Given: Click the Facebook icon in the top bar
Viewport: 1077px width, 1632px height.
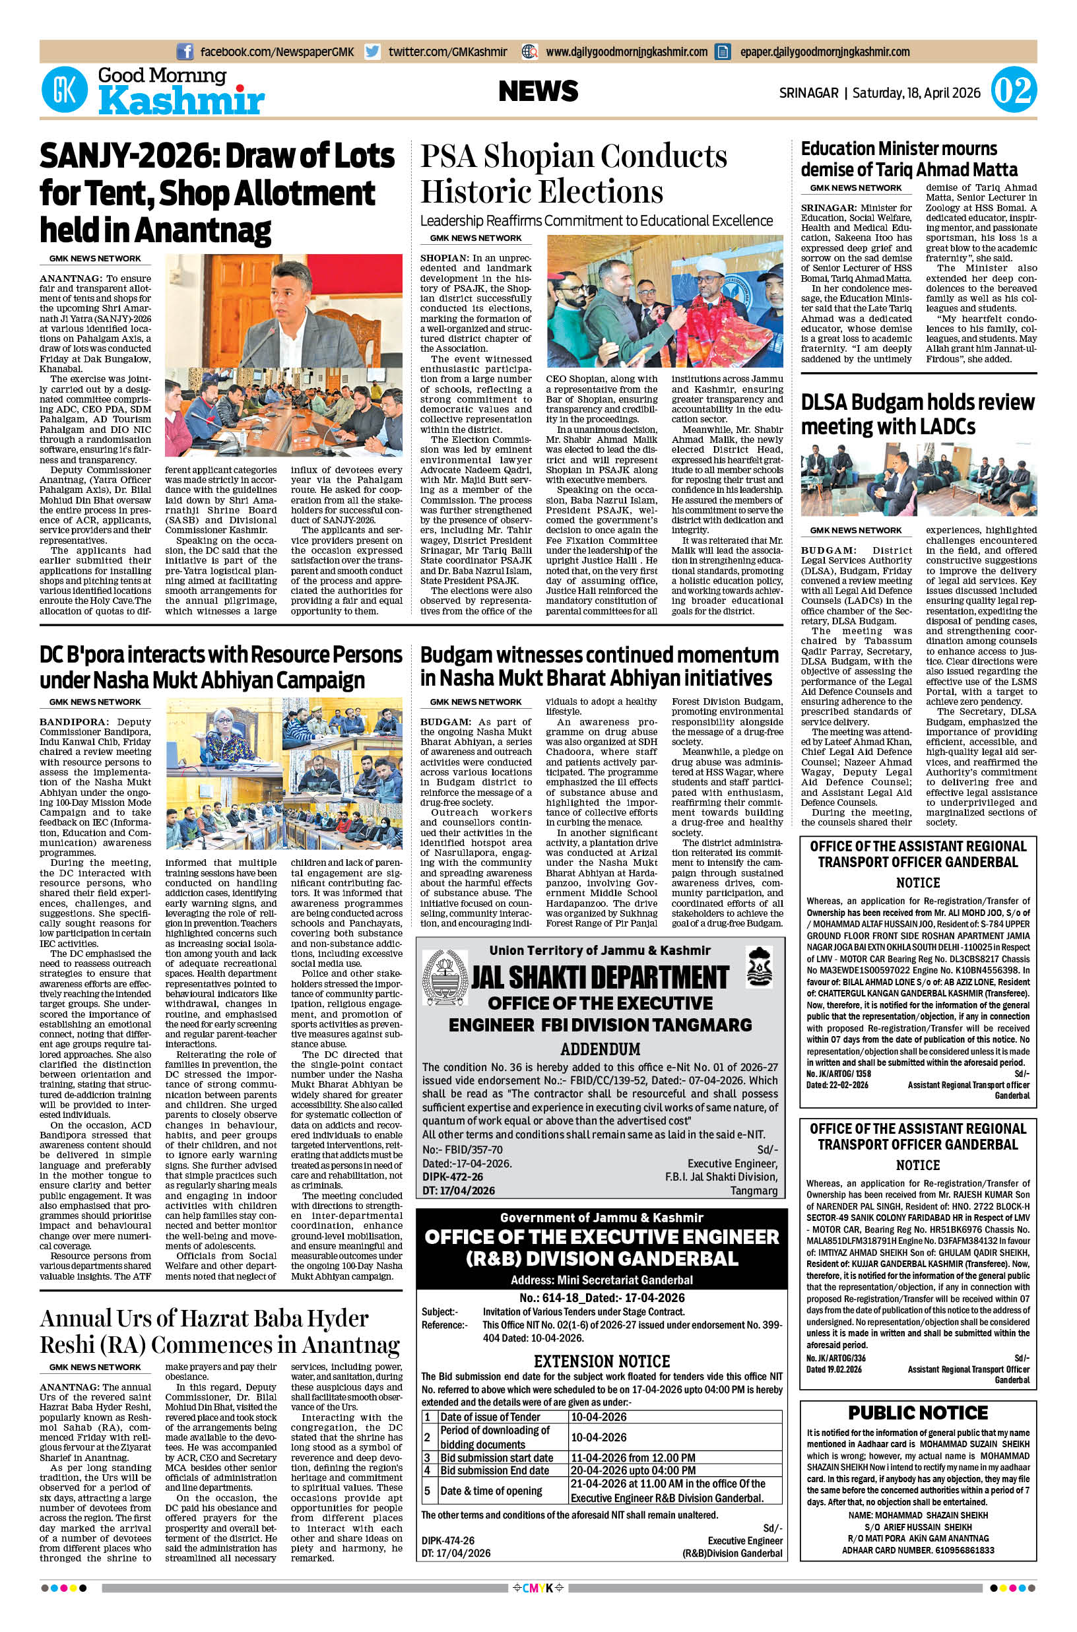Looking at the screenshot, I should coord(185,51).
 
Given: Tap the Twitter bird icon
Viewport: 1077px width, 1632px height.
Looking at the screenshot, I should coord(373,51).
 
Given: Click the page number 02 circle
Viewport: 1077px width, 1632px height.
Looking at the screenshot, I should coord(1013,91).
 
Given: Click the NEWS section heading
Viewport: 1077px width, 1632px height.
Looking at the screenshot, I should coord(538,91).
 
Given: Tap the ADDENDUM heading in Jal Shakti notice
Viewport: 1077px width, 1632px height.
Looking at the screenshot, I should coord(601,1049).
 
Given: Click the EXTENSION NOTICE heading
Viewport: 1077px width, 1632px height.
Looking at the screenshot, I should coord(602,1361).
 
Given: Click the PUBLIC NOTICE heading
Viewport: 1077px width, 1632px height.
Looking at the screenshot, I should coord(918,1413).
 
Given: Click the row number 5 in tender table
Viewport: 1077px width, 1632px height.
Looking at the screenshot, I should coord(427,1491).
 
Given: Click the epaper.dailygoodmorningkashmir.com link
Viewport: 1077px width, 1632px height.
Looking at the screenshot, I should coord(824,51).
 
